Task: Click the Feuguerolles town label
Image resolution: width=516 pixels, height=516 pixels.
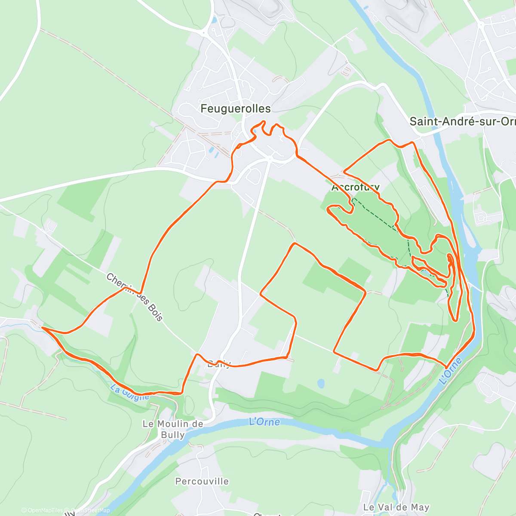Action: coord(236,109)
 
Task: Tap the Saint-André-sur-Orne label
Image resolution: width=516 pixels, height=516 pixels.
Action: coord(462,122)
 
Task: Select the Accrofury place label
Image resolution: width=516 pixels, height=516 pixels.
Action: coord(356,187)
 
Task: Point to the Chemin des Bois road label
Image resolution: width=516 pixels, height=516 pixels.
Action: coord(135,297)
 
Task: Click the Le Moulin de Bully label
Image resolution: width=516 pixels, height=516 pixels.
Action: coord(173,429)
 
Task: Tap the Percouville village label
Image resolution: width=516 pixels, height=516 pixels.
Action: coord(202,481)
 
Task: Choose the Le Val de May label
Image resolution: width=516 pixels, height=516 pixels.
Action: coord(396,507)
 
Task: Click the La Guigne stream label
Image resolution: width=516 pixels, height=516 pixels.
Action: coord(129,393)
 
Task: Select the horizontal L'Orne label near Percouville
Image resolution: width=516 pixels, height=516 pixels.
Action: coord(264,422)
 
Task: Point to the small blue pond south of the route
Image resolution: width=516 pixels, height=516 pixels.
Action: coord(321,383)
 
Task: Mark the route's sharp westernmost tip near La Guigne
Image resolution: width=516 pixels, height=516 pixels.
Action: coord(42,327)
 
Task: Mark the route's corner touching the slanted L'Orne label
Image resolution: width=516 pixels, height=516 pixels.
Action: coord(446,367)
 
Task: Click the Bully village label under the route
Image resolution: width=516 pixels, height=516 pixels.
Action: coord(219,365)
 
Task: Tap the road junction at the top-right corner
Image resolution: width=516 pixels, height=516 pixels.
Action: coord(481,25)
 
